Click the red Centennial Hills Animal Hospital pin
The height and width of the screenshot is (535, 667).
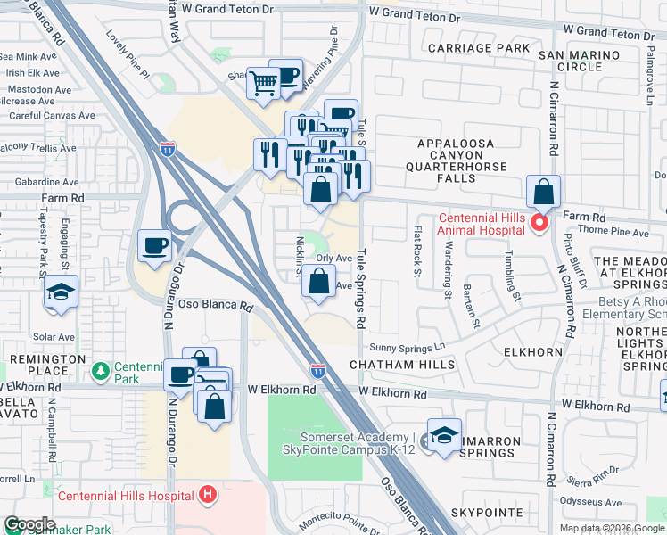pyautogui.click(x=538, y=222)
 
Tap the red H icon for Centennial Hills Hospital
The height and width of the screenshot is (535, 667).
pyautogui.click(x=208, y=493)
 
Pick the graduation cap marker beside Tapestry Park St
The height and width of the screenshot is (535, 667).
pyautogui.click(x=61, y=292)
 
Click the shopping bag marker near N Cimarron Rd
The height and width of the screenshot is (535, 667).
pyautogui.click(x=543, y=191)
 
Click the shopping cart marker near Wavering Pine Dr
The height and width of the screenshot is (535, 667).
pyautogui.click(x=263, y=84)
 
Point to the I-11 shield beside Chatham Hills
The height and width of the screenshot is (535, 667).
pyautogui.click(x=318, y=369)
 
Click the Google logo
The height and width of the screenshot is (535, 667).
pyautogui.click(x=30, y=524)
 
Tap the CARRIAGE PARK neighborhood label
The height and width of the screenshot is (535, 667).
pyautogui.click(x=478, y=47)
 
